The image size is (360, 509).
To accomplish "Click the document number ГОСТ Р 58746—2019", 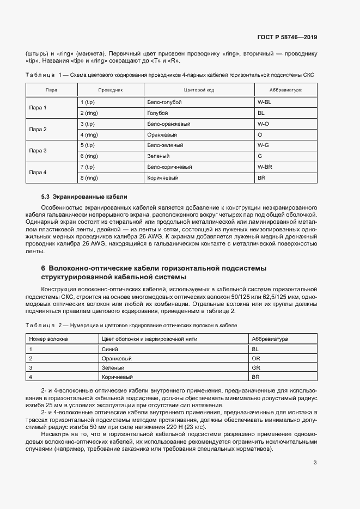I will pyautogui.click(x=286, y=38).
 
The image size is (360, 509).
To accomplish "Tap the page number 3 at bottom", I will pyautogui.click(x=315, y=447).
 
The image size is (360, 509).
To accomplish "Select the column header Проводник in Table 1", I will pyautogui.click(x=111, y=89).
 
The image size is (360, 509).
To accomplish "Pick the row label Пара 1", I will pyautogui.click(x=38, y=108).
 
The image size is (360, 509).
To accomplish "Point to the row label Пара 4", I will pyautogui.click(x=38, y=172).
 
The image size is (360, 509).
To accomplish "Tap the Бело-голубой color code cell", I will pyautogui.click(x=164, y=102).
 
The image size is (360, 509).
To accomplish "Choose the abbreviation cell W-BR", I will pyautogui.click(x=265, y=167).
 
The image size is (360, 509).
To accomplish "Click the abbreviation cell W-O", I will pyautogui.click(x=263, y=124).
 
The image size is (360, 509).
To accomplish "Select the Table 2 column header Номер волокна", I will pyautogui.click(x=48, y=339).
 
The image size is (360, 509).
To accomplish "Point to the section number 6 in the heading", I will pyautogui.click(x=43, y=268).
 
